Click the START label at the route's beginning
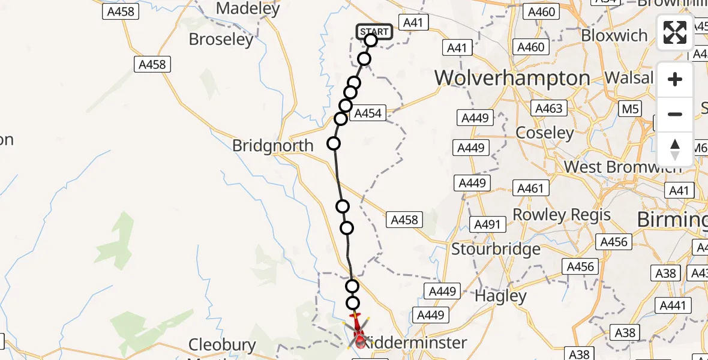375,31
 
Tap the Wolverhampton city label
512,78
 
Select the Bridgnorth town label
272,145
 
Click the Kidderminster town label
415,343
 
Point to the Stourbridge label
496,248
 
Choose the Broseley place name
221,40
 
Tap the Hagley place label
500,296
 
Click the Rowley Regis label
561,215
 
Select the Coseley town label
545,133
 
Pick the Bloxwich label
614,35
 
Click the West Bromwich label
623,167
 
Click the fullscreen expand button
675,32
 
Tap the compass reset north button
675,149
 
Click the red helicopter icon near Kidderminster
359,331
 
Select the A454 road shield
368,113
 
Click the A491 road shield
487,224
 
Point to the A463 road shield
548,108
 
